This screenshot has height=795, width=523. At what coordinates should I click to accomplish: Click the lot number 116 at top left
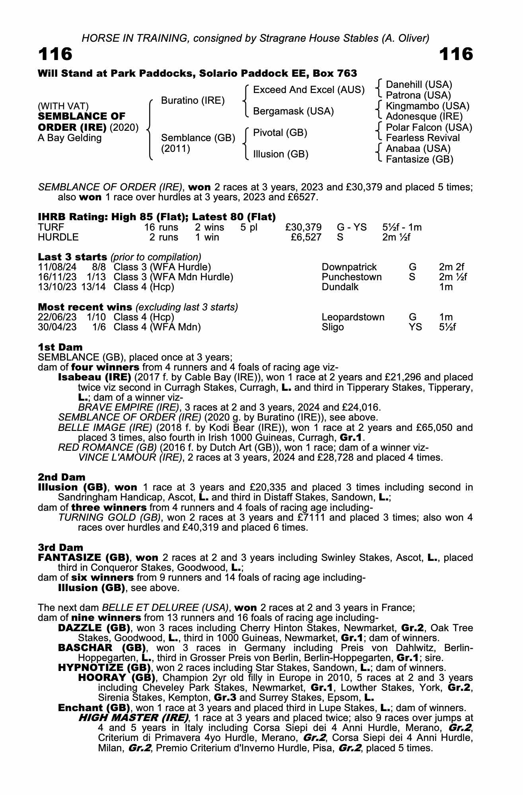pos(55,54)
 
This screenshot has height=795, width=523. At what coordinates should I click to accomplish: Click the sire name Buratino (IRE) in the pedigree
pos(192,101)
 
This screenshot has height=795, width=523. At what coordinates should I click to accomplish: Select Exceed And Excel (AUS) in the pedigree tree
pos(309,90)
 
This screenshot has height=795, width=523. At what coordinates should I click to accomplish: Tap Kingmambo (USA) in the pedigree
pos(428,106)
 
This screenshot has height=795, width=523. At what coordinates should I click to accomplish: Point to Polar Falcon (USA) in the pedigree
pos(429,128)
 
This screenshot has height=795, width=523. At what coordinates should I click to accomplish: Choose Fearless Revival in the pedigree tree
pos(423,138)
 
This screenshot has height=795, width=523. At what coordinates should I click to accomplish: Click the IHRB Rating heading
pos(157,217)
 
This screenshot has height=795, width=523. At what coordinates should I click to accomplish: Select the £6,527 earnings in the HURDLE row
pos(306,237)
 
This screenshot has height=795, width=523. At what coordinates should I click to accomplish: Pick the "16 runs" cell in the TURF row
pos(161,227)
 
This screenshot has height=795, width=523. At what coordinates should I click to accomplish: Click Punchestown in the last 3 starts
pos(352,277)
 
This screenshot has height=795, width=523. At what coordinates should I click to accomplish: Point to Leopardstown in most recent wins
pos(353,317)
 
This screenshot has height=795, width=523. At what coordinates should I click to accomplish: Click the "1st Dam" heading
pos(60,347)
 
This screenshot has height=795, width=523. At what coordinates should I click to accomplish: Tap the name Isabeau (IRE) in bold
pos(95,377)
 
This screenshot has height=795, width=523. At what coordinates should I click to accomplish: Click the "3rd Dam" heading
pos(61,547)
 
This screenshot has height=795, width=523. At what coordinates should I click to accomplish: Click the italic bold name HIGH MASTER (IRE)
pos(134,718)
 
